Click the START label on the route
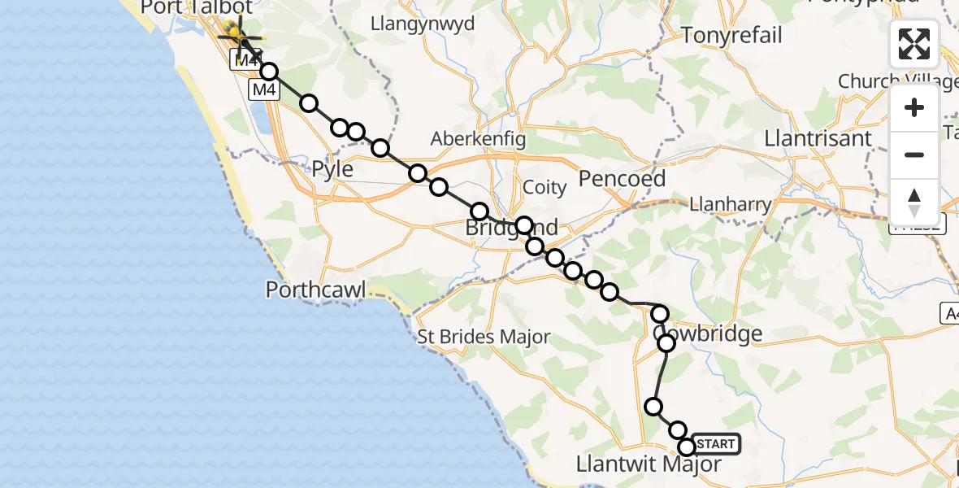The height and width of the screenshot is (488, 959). [716, 444]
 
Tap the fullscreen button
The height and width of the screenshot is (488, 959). [914, 44]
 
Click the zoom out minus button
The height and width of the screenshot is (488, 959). [914, 155]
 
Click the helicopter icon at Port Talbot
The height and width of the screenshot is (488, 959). [239, 37]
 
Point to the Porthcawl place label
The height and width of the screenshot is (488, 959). [316, 290]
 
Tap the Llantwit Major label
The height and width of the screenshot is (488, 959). [648, 464]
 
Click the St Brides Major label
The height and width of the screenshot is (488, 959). [484, 337]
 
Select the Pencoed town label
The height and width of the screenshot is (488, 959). [622, 179]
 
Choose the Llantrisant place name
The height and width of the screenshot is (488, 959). [818, 139]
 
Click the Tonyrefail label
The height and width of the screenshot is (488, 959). [732, 36]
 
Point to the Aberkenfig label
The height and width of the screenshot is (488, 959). [479, 138]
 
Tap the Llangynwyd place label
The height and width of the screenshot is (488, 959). [423, 24]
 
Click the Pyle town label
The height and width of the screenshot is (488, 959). [333, 170]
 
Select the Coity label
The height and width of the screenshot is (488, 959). [545, 188]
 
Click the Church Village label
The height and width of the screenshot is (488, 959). [891, 82]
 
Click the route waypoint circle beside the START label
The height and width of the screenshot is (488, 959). [687, 447]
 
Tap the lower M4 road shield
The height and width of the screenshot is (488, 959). [263, 90]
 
